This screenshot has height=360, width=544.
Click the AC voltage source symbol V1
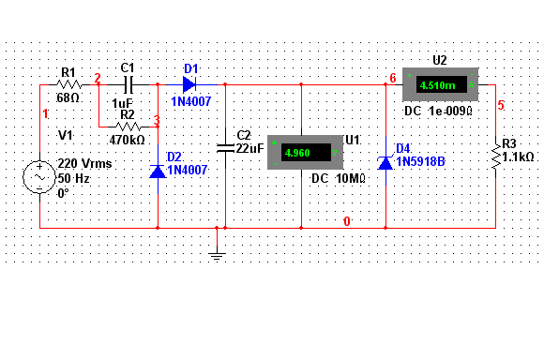[x=39, y=177]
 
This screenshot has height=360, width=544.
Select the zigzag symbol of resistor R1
[x=68, y=84]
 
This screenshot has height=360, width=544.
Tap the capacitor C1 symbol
[x=128, y=84]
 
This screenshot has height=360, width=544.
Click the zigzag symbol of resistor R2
[x=128, y=127]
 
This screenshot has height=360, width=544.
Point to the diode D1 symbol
[x=189, y=84]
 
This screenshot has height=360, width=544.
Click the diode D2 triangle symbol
[x=158, y=172]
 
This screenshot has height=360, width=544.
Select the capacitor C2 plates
[x=225, y=148]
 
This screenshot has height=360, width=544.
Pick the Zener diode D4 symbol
[x=385, y=163]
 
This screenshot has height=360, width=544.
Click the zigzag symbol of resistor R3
[x=496, y=157]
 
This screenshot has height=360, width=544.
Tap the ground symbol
[x=217, y=257]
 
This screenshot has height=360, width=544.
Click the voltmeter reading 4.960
[x=297, y=153]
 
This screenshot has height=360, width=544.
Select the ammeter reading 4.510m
[x=437, y=85]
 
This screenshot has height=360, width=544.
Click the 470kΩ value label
[x=127, y=140]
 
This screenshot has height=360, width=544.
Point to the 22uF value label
[x=249, y=148]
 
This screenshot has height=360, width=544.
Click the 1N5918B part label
[x=420, y=161]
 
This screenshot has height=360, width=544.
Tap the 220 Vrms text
[x=84, y=163]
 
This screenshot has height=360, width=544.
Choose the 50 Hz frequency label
[x=73, y=179]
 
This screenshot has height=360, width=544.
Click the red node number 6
[x=393, y=78]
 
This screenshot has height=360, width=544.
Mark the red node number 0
[x=347, y=221]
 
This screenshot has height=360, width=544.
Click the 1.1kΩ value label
[x=518, y=157]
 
